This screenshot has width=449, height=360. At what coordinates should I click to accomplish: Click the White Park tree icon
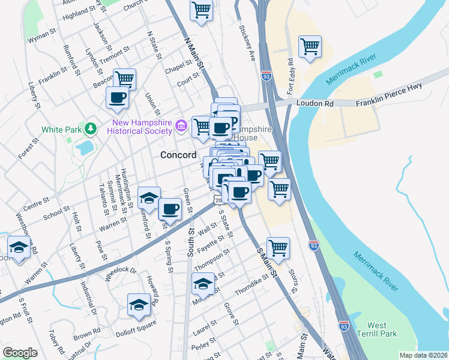coord(90,129)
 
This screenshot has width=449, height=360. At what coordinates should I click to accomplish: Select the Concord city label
coord(178,155)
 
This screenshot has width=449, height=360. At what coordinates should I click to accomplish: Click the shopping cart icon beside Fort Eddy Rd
coord(310,47)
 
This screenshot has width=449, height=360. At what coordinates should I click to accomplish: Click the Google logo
coord(20,353)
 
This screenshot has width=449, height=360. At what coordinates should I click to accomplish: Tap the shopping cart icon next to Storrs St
coord(278,247)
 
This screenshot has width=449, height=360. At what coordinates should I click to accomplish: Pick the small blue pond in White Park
coord(85,146)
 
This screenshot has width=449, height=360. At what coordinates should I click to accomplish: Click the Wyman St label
coord(42,36)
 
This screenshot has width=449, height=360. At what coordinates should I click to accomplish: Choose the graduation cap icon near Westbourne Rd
coord(19,247)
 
